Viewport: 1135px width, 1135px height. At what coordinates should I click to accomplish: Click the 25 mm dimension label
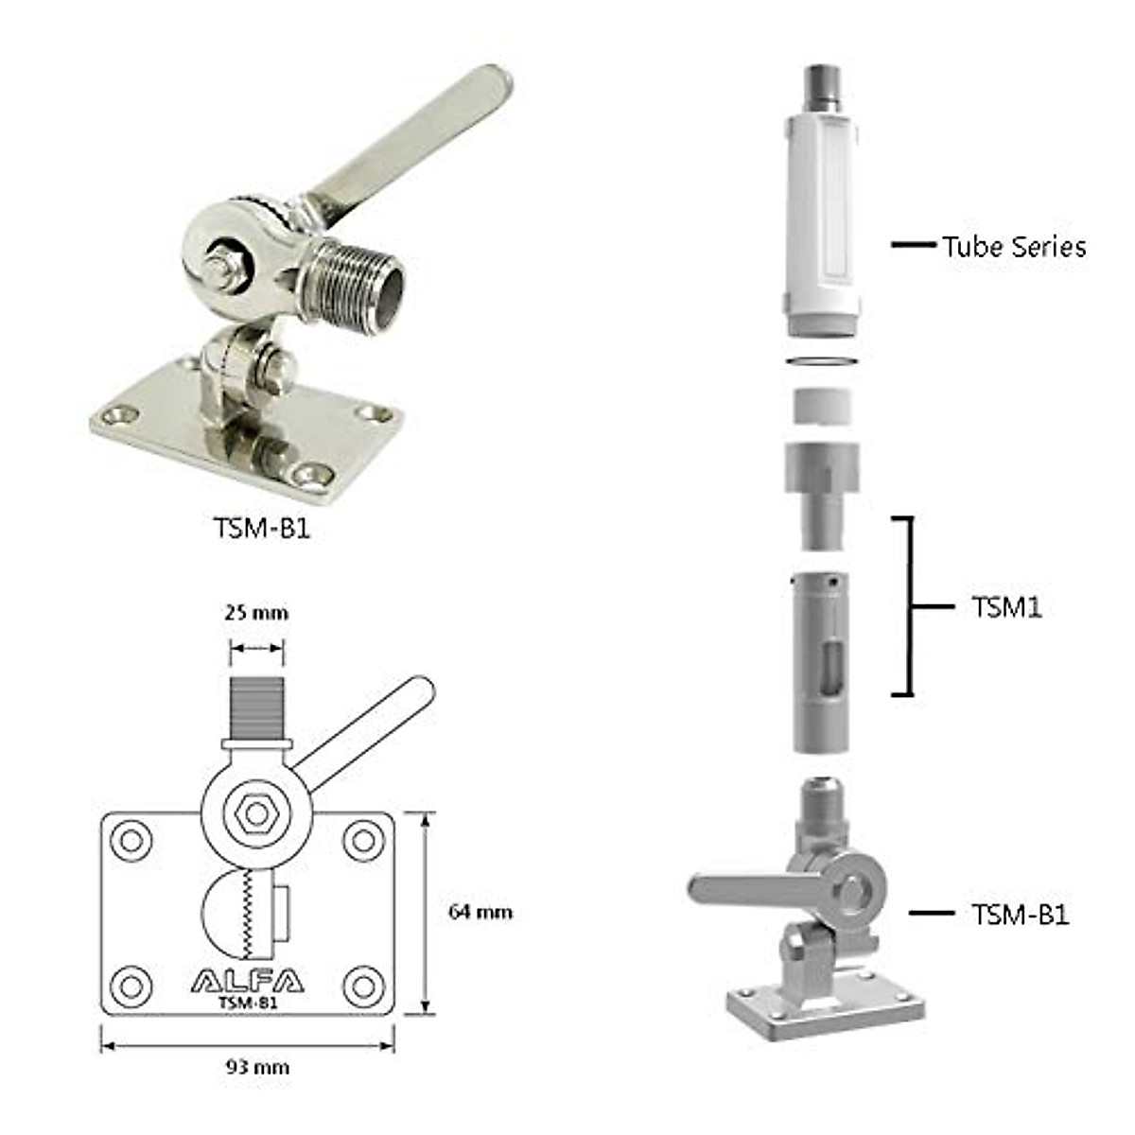(x=256, y=613)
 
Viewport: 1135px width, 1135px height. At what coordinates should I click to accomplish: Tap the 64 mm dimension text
(x=480, y=912)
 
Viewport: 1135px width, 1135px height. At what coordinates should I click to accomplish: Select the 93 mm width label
(x=257, y=1067)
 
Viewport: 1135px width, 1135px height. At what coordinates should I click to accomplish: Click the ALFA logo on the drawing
(x=248, y=981)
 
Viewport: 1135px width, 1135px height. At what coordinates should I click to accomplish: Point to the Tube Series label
(x=1014, y=247)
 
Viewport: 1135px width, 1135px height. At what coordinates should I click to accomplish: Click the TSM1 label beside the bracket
(x=1006, y=607)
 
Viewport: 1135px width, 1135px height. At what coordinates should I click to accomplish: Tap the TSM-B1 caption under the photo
(x=262, y=528)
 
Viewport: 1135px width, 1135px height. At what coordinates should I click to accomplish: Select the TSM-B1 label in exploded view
(x=1021, y=915)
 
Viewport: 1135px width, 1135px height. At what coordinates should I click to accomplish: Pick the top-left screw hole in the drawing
(x=131, y=840)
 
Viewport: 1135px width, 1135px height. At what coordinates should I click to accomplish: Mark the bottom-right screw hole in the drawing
(x=363, y=987)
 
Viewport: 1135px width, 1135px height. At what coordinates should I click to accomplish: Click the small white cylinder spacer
(x=822, y=407)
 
